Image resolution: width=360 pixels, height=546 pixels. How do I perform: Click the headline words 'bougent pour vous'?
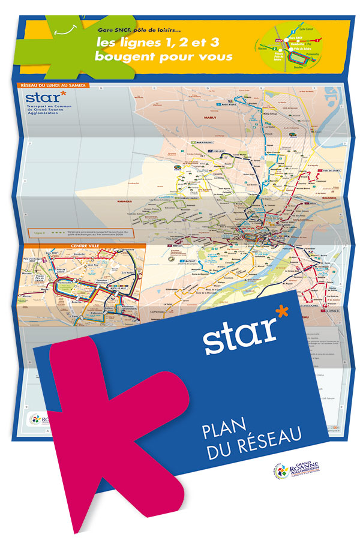coord(163,57)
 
